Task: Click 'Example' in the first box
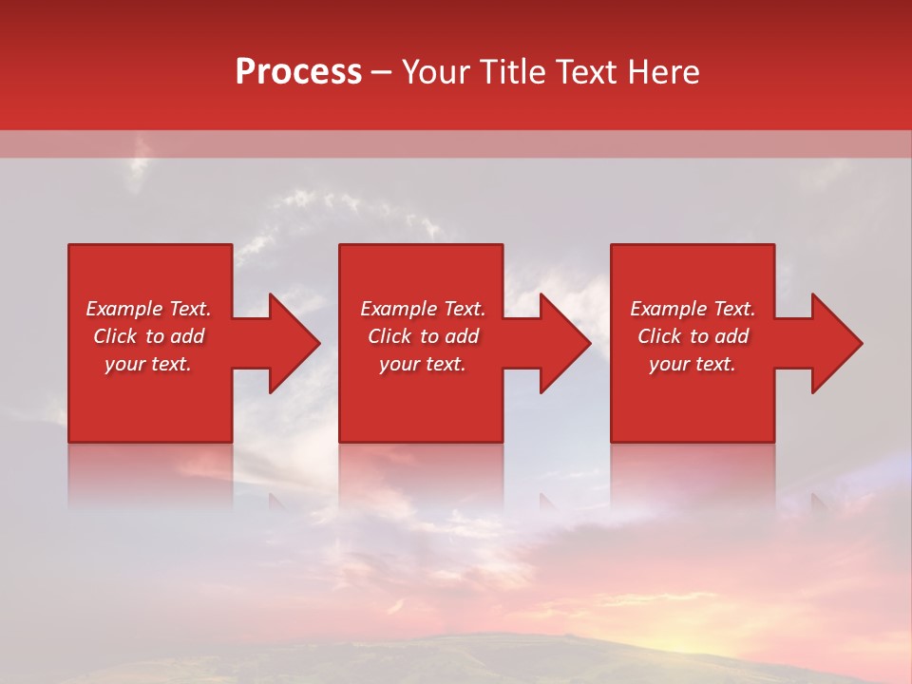[x=124, y=309]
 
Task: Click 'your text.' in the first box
[x=148, y=364]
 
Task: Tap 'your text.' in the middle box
[x=422, y=364]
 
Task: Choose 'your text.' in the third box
[x=693, y=364]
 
